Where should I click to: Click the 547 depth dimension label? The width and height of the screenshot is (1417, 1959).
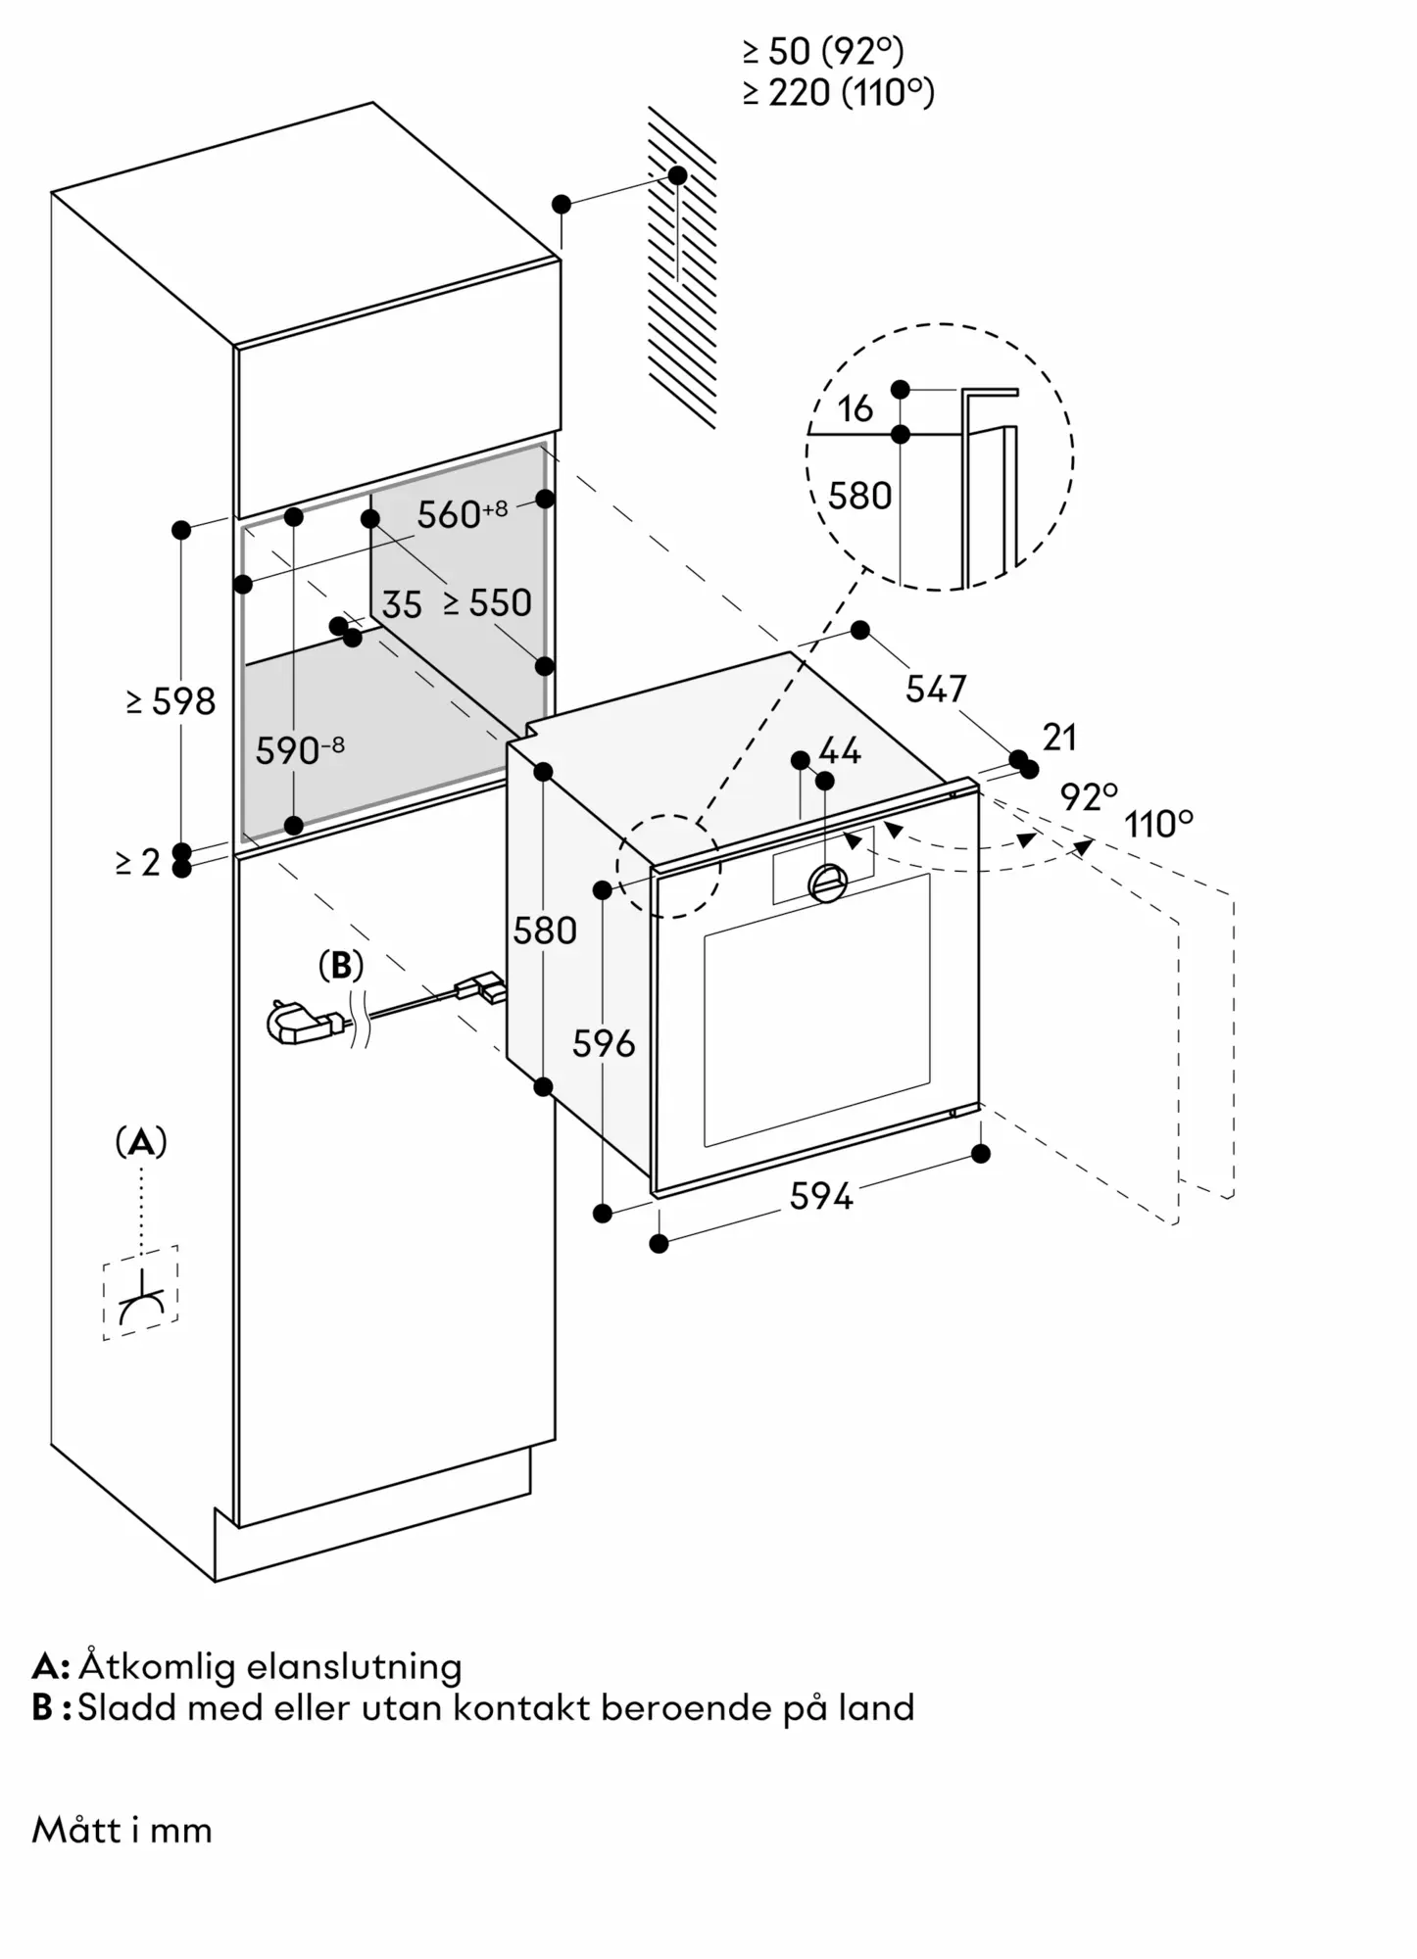(936, 689)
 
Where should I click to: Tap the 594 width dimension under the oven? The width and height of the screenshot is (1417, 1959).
(821, 1196)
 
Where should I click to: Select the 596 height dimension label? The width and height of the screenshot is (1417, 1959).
(604, 1044)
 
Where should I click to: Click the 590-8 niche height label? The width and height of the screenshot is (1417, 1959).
(300, 750)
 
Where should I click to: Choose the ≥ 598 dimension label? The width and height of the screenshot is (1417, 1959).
(171, 701)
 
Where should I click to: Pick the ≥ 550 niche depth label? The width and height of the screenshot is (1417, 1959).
(488, 602)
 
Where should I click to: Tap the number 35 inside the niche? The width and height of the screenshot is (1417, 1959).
(402, 605)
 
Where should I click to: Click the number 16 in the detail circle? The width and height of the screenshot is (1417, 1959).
(855, 408)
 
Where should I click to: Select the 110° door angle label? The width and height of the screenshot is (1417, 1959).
(1158, 824)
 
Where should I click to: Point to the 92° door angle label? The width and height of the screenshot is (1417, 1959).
(1088, 797)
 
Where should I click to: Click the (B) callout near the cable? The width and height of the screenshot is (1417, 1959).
(341, 966)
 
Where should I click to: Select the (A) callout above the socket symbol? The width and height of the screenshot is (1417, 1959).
(141, 1142)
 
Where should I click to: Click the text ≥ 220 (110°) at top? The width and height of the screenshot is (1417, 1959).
(839, 93)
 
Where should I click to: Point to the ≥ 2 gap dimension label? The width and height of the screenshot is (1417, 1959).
(137, 862)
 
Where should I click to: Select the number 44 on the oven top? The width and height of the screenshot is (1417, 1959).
(840, 751)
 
